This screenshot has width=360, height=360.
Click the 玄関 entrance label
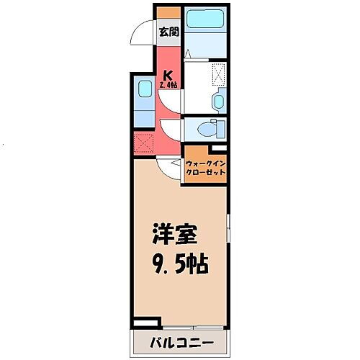tap(168, 31)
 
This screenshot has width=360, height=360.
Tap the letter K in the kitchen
tap(168, 73)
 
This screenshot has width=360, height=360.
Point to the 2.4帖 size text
tap(170, 86)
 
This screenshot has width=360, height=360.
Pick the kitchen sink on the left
tap(140, 94)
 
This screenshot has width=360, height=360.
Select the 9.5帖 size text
tap(179, 264)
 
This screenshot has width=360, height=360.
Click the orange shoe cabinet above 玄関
tap(168, 12)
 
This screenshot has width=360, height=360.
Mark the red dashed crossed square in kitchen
tap(144, 142)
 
